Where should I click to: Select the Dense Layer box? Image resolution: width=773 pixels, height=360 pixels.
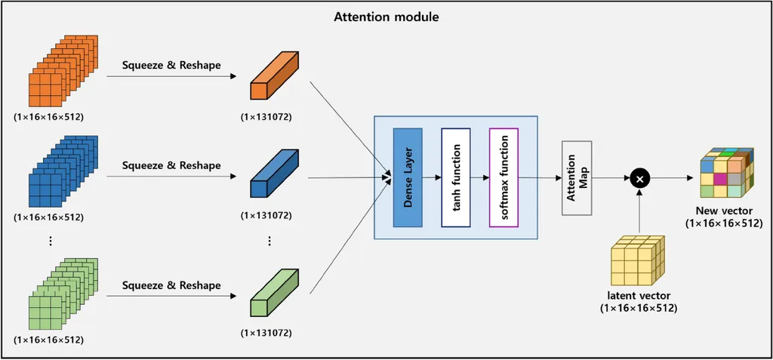(408, 177)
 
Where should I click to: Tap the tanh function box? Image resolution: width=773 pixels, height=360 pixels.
(456, 177)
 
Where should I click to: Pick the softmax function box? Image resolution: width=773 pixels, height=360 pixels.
(504, 177)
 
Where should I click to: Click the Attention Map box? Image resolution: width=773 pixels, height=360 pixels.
(577, 177)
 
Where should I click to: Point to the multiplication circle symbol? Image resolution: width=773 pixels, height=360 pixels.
(639, 179)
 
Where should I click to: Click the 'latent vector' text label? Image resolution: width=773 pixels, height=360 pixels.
(639, 296)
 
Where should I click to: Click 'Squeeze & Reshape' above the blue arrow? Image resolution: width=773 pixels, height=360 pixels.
(171, 165)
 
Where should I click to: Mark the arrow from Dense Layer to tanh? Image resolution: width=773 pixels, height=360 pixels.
(431, 179)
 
